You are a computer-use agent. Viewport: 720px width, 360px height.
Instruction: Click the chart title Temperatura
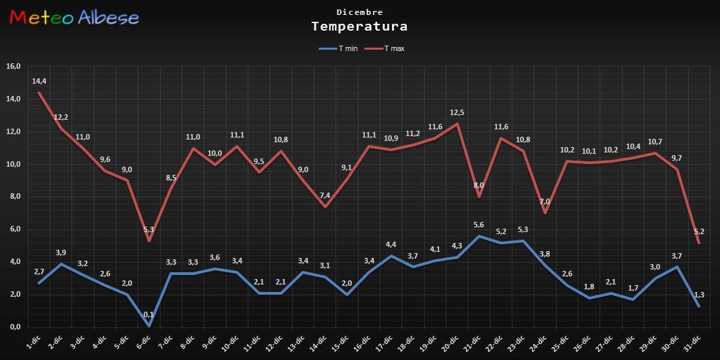pos(359,27)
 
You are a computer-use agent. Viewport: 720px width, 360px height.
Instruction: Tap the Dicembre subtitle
pos(359,12)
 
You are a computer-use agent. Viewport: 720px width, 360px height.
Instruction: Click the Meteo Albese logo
pos(74,18)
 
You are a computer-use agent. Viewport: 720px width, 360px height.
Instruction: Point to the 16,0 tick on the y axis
pos(14,67)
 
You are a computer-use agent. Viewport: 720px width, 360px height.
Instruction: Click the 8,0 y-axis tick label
pos(14,197)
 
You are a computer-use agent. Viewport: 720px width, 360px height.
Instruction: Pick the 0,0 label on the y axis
pos(14,327)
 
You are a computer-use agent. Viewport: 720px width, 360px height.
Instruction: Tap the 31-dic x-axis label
pos(691,341)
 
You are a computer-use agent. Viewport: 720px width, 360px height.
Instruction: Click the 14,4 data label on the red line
pos(39,82)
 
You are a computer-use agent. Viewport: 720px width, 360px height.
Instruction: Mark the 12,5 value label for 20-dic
pos(456,112)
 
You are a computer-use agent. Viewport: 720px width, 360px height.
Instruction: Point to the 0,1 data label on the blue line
pos(148,315)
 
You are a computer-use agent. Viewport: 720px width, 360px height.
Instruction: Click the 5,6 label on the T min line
pos(478,225)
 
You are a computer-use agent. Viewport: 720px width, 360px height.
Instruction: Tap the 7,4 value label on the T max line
pos(325,195)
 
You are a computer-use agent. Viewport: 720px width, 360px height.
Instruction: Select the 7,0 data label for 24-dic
pos(544,202)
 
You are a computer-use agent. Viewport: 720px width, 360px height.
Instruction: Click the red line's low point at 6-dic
pos(148,241)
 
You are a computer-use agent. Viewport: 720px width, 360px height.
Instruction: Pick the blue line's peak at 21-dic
pos(478,236)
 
